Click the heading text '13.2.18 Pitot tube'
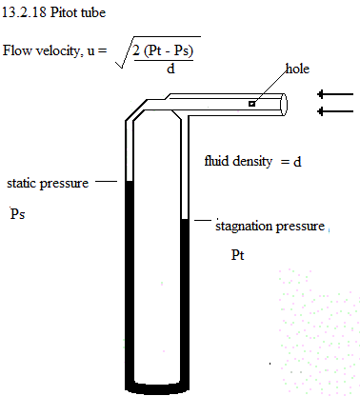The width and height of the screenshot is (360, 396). (53, 12)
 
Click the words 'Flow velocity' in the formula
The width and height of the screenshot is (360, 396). (41, 50)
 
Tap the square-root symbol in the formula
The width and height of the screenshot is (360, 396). (124, 52)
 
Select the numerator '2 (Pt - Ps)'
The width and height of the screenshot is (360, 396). (163, 50)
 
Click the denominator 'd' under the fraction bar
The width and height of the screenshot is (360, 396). (170, 69)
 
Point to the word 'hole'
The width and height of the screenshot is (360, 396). (297, 69)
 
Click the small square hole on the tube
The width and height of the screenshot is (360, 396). (251, 104)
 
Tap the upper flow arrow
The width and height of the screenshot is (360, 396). (335, 94)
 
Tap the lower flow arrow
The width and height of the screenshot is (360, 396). (335, 111)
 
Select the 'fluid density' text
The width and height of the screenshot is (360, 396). (238, 161)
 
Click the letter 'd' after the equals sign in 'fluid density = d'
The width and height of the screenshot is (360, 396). (297, 162)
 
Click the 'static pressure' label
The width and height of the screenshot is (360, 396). (48, 184)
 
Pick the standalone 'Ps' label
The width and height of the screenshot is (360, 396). (17, 213)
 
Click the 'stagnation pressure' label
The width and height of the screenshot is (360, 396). (270, 227)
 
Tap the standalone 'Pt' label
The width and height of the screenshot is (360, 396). (237, 255)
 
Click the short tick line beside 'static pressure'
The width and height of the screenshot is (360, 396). (107, 181)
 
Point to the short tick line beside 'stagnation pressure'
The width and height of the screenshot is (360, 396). (203, 220)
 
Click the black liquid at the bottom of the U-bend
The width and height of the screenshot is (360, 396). (157, 388)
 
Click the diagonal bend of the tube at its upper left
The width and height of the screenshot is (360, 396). (136, 109)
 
